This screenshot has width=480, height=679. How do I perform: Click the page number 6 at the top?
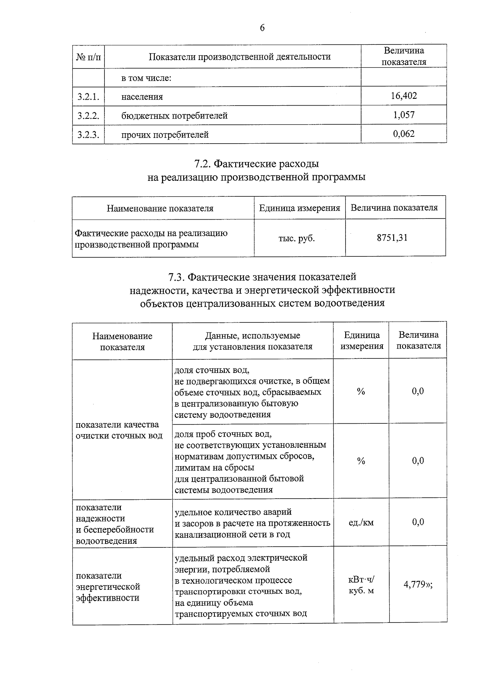click(262, 28)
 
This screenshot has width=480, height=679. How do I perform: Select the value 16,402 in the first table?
click(404, 96)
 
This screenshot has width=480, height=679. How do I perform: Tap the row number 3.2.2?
click(88, 116)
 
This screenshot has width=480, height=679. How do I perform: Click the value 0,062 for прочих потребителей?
click(404, 134)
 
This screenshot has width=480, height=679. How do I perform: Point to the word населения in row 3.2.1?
click(142, 97)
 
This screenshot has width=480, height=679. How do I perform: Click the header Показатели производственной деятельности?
click(240, 56)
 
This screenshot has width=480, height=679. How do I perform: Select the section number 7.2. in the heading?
click(202, 164)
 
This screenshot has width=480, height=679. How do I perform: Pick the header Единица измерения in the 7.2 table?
click(299, 208)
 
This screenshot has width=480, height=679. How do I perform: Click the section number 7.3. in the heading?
click(176, 277)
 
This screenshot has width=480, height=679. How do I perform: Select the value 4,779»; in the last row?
click(418, 585)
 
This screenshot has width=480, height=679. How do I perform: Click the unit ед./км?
click(361, 522)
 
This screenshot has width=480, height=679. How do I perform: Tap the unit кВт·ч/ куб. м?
click(361, 585)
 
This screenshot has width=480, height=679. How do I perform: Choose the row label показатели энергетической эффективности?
click(108, 587)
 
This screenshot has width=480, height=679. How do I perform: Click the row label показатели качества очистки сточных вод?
click(119, 430)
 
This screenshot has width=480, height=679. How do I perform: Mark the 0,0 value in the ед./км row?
click(418, 522)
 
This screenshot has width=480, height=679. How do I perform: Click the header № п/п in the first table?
click(88, 57)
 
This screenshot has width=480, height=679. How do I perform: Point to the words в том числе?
click(146, 78)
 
